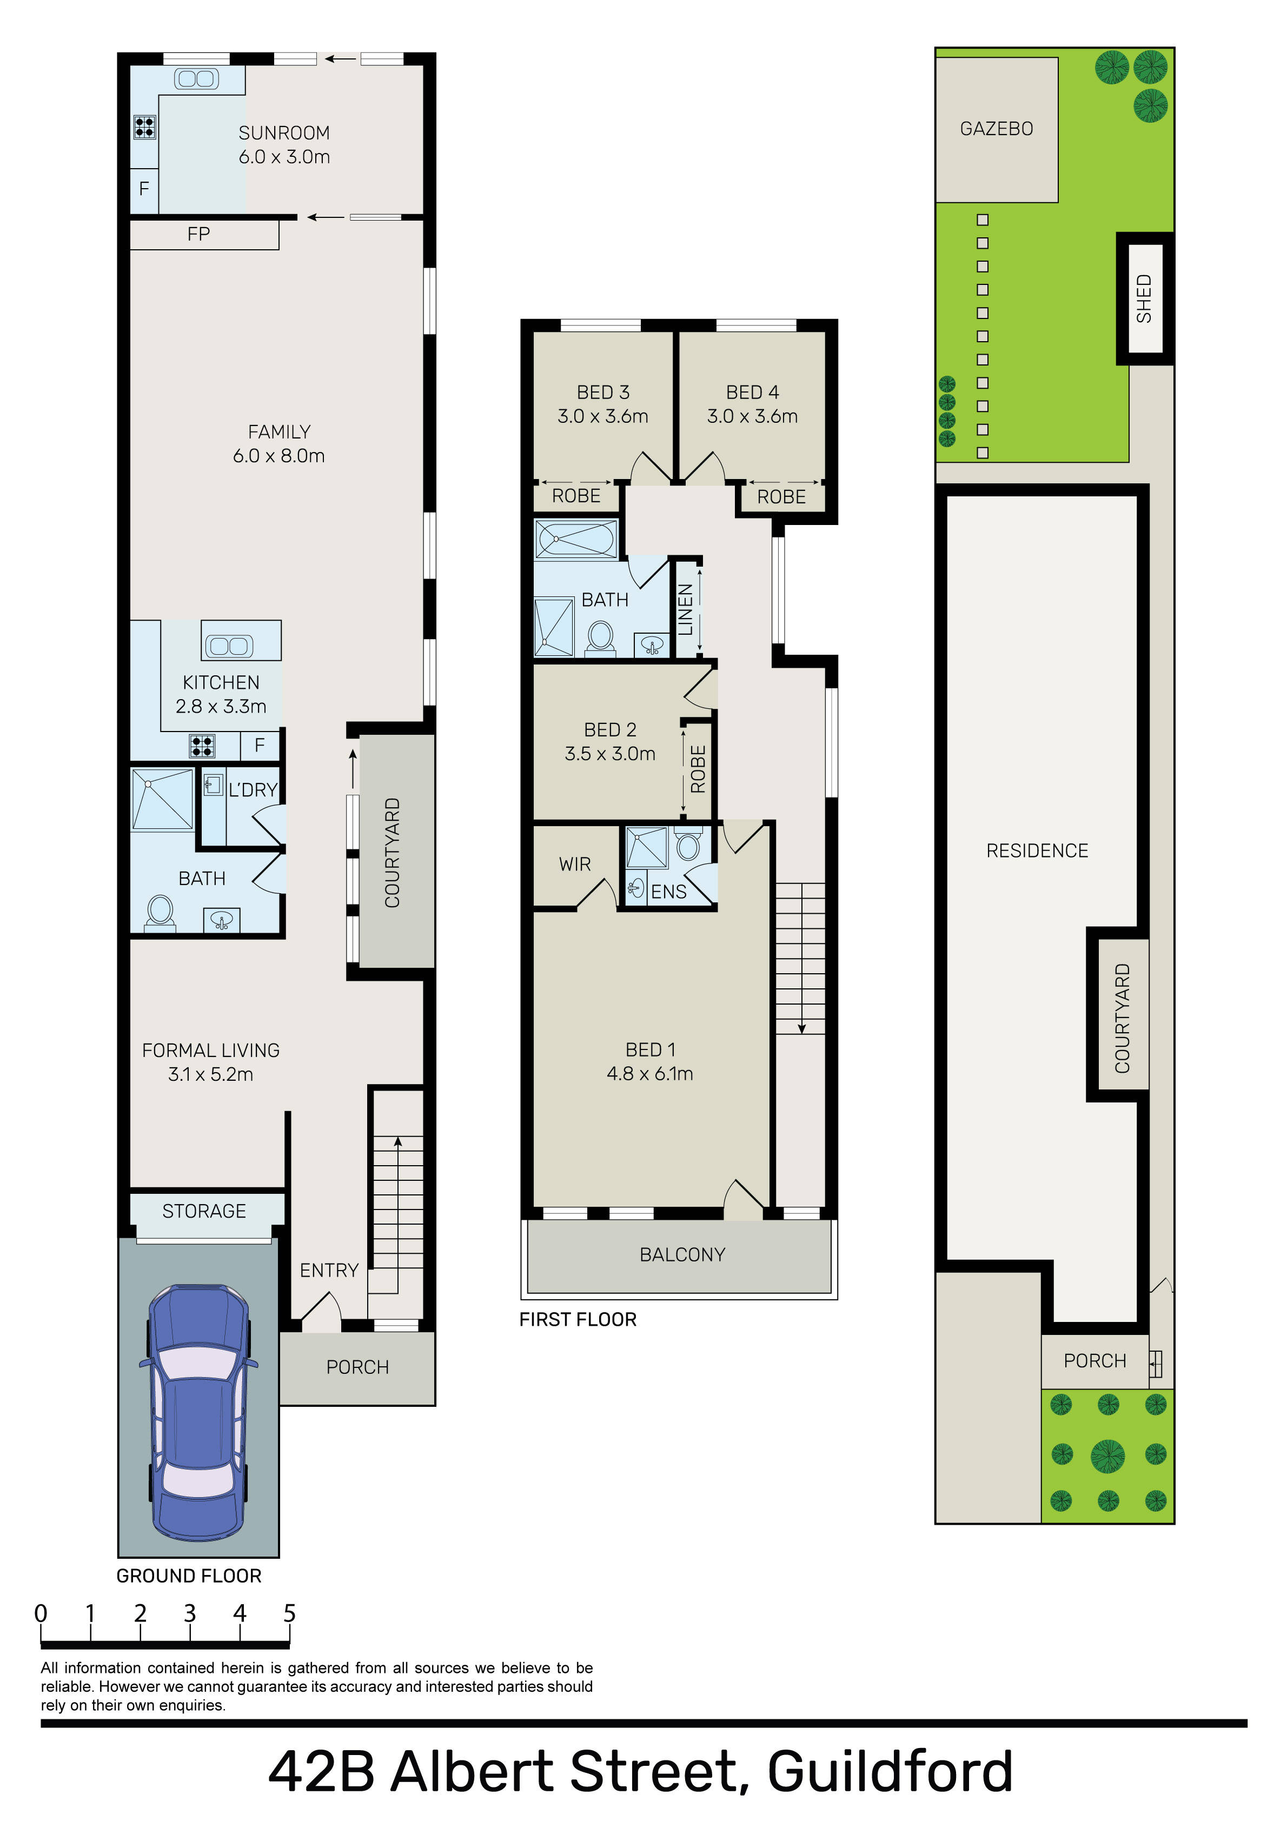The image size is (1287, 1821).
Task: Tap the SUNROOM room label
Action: click(x=284, y=133)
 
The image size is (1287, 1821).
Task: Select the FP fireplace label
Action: click(x=198, y=234)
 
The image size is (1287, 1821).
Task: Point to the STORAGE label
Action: click(x=204, y=1211)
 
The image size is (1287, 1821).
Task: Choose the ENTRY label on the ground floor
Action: click(x=329, y=1271)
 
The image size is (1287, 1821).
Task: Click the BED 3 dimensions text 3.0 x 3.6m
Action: click(x=603, y=416)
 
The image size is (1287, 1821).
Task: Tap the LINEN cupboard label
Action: click(x=686, y=609)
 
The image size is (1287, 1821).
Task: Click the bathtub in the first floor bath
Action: click(x=576, y=539)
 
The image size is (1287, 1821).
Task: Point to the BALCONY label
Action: click(x=682, y=1255)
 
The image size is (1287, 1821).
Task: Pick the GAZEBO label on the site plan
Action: click(x=997, y=129)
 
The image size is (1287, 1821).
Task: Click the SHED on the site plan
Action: click(x=1144, y=298)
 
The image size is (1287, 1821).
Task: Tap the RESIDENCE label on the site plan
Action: click(x=1037, y=851)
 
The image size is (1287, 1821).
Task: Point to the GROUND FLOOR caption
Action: click(x=189, y=1576)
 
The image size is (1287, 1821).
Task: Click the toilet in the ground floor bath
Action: click(x=160, y=913)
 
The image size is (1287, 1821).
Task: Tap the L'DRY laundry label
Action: click(x=253, y=790)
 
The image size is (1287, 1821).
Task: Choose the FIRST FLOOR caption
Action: click(x=578, y=1320)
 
